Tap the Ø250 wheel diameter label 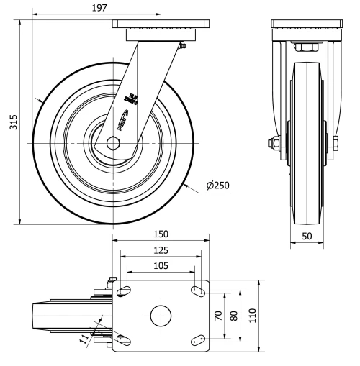[x=217, y=186]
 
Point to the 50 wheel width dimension [x=307, y=236]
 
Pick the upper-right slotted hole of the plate [x=196, y=290]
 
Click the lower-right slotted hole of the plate [x=196, y=339]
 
